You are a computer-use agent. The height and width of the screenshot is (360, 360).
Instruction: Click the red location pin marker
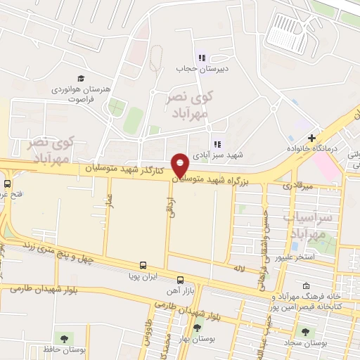point(181,165)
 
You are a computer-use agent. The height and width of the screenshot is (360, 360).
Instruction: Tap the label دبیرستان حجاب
point(202,69)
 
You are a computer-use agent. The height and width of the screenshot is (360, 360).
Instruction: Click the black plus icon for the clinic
point(311,139)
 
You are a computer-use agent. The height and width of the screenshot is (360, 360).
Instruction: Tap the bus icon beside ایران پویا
point(143,265)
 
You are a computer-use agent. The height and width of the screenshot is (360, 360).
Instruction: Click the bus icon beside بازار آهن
point(180,279)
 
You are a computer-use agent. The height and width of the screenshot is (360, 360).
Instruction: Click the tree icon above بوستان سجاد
point(304,330)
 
